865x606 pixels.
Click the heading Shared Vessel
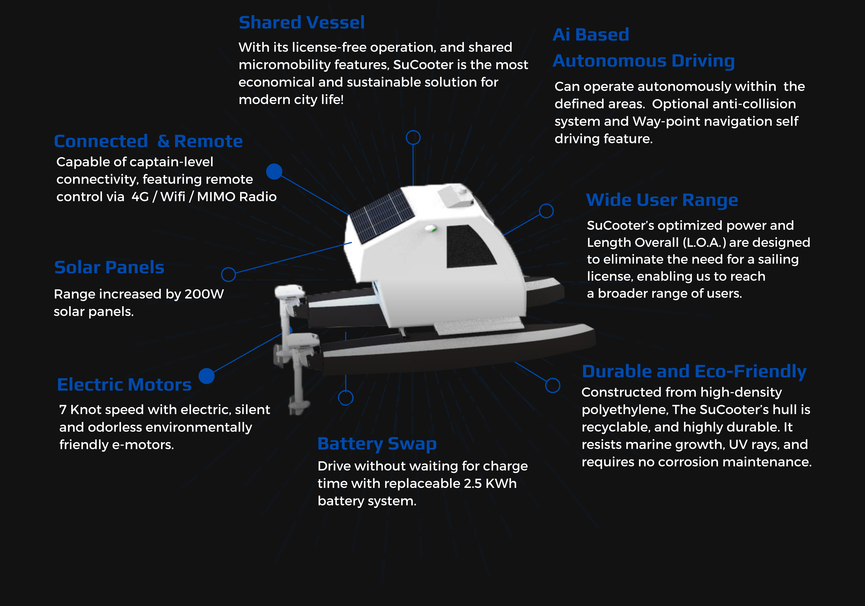point(301,23)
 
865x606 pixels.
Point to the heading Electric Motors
point(124,385)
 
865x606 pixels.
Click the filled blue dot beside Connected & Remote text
point(274,171)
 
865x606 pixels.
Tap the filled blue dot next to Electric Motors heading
point(206,376)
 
